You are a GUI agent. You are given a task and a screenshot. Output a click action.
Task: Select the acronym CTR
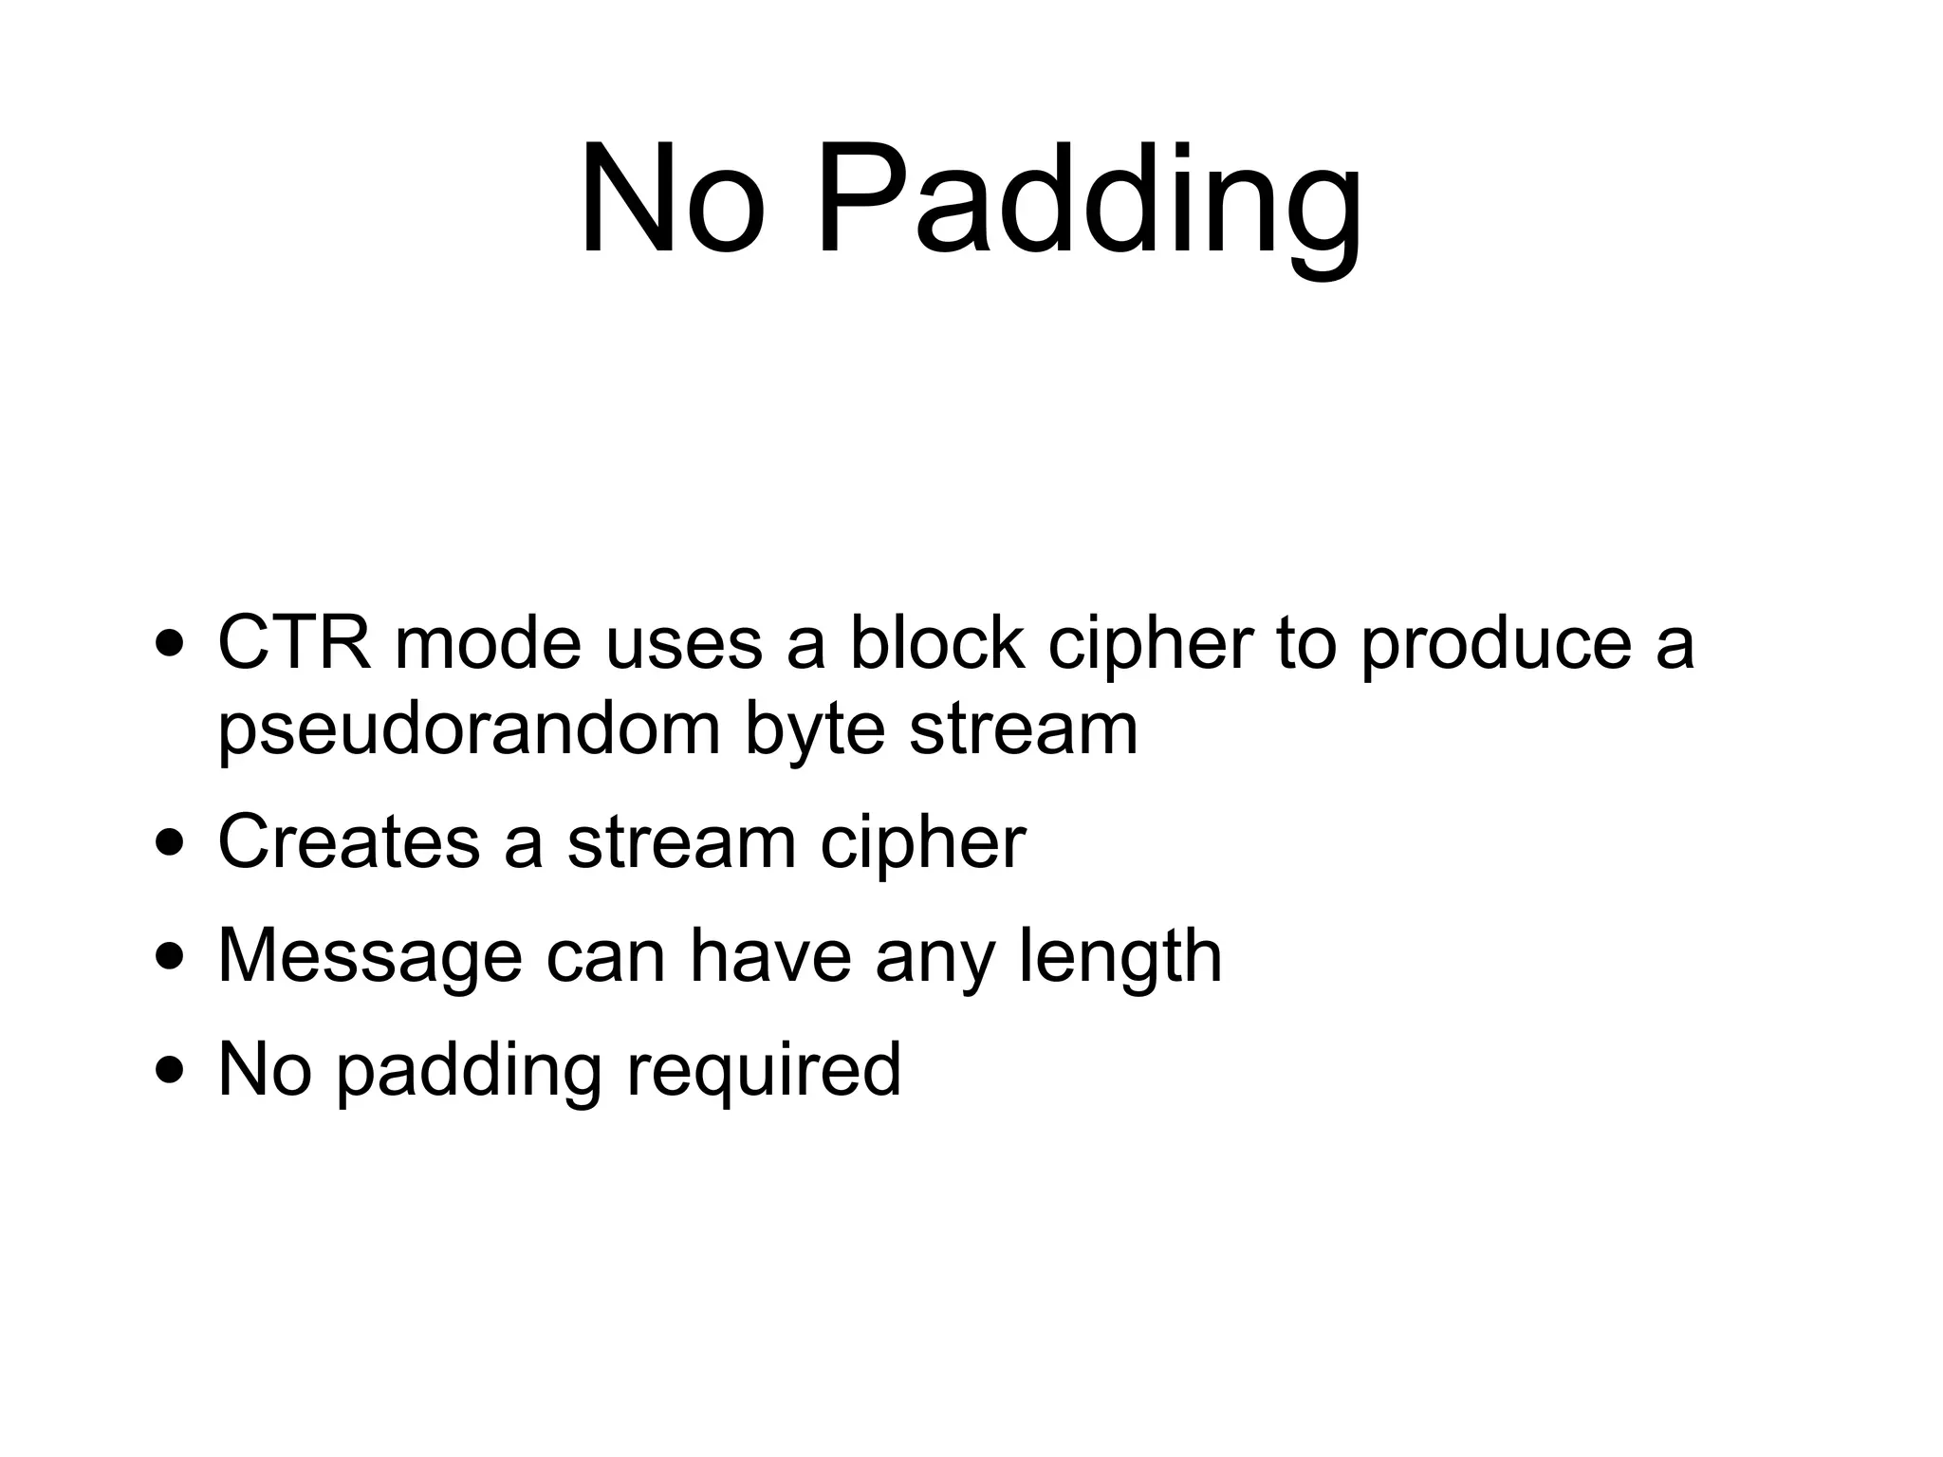point(294,643)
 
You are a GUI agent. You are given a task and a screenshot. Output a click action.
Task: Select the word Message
point(370,956)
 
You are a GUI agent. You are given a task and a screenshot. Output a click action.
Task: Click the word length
point(1120,956)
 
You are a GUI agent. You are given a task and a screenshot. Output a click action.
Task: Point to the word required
point(764,1070)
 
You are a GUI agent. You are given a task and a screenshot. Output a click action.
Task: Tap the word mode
point(488,643)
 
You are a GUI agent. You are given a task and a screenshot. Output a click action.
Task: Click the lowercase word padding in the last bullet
point(470,1070)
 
